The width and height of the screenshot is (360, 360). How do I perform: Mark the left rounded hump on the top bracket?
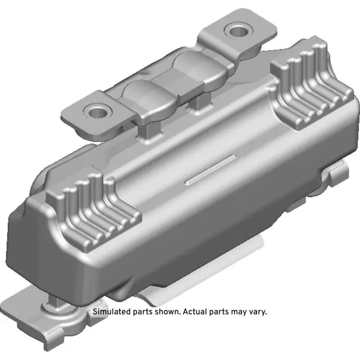(x=141, y=96)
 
